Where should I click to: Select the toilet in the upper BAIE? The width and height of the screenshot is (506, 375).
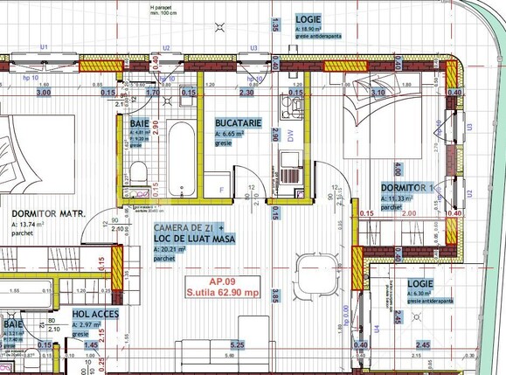[x=136, y=169]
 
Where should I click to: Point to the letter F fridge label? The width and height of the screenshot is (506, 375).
[x=222, y=189]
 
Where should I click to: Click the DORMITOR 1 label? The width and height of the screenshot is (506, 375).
[x=407, y=188]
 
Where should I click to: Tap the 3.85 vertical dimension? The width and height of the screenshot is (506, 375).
[x=274, y=298]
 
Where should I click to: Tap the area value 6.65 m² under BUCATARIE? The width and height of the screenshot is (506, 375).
[x=235, y=135]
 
